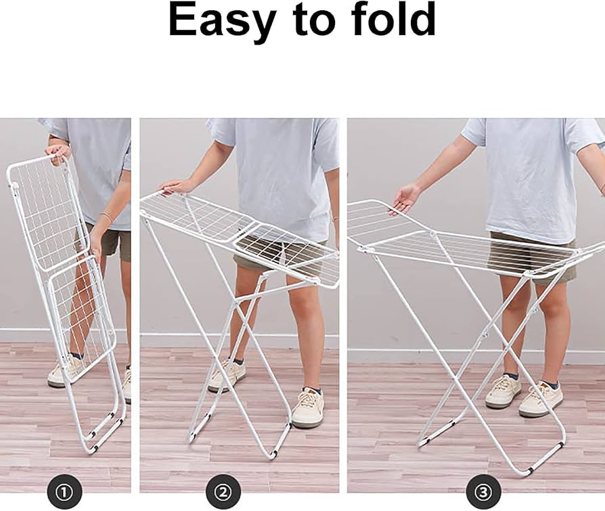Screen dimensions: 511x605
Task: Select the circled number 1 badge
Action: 64,491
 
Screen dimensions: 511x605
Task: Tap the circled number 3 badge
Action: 483,491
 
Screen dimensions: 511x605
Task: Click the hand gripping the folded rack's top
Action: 58,152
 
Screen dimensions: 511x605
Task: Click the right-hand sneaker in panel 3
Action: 541,399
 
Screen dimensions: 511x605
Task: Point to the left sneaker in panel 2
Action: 227,376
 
